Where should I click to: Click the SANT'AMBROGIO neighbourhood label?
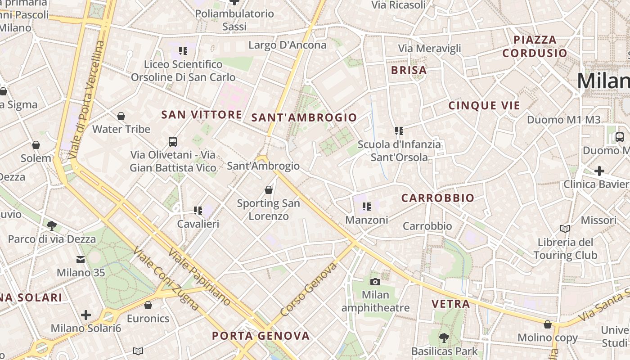click(x=304, y=118)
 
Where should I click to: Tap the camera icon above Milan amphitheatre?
click(x=375, y=282)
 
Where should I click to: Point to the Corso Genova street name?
click(x=309, y=289)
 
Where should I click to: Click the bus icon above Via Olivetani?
click(x=173, y=142)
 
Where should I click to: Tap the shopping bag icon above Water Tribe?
click(x=121, y=117)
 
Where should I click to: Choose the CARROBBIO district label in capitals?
click(x=437, y=198)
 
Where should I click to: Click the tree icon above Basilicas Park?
click(x=444, y=337)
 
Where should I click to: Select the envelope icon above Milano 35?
click(x=81, y=260)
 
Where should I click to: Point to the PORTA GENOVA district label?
click(x=261, y=336)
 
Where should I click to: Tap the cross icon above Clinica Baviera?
click(x=599, y=171)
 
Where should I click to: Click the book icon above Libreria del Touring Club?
click(x=565, y=229)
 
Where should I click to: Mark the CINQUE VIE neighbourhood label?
click(x=484, y=106)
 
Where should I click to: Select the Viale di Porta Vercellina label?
click(x=87, y=100)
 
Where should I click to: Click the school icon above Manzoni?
click(x=367, y=207)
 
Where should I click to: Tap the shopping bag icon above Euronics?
click(x=148, y=306)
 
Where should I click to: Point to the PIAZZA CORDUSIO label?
click(x=535, y=46)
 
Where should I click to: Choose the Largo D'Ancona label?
click(x=287, y=45)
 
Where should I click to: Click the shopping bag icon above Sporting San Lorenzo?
click(x=269, y=190)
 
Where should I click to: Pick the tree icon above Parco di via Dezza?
click(x=52, y=225)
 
